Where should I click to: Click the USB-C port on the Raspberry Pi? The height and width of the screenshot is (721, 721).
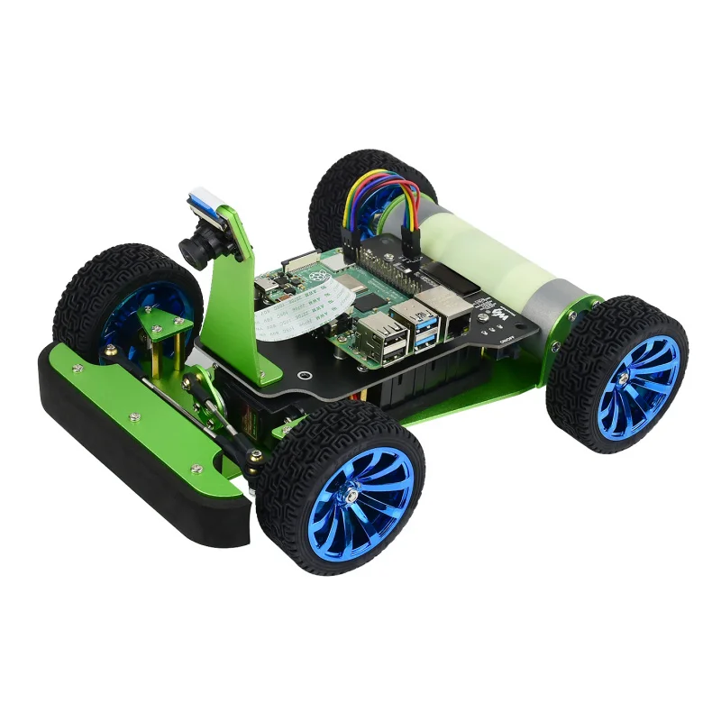click(270, 286)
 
